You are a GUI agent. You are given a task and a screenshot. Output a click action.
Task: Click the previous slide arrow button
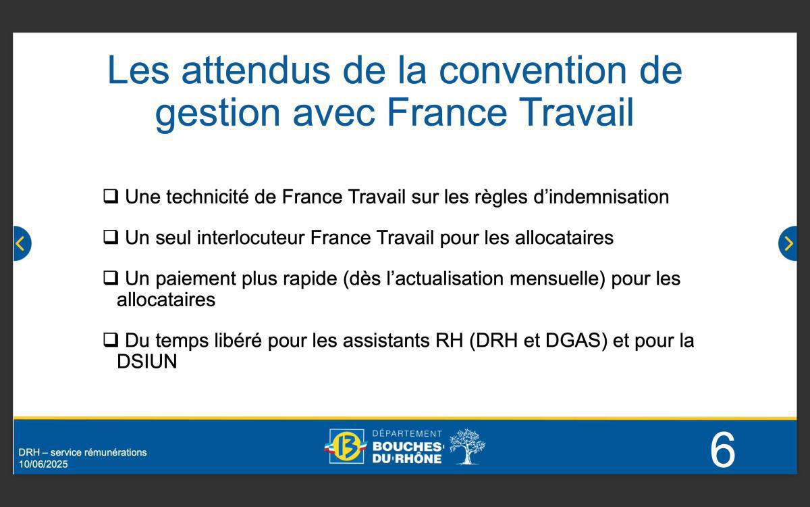[21, 243]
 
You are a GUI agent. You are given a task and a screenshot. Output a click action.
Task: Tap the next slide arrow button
[788, 243]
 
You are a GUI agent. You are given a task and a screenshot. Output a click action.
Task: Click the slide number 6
[722, 450]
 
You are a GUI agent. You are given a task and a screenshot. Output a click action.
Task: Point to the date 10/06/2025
[43, 464]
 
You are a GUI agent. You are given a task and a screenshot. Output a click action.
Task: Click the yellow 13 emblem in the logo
[347, 447]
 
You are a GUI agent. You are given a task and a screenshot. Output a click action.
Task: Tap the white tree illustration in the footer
[466, 446]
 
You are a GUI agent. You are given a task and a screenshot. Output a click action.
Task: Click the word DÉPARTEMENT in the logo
[407, 433]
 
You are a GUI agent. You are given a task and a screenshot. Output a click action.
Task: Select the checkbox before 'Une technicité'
[110, 197]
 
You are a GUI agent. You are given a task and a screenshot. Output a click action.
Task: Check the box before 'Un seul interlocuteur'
[110, 237]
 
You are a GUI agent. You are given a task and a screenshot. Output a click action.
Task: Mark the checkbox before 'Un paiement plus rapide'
[110, 278]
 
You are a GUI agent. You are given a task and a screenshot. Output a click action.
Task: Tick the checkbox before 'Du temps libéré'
[110, 340]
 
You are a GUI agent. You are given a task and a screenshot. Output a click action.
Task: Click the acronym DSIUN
[146, 362]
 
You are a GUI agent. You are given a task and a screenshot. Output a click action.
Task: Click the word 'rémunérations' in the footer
[115, 452]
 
